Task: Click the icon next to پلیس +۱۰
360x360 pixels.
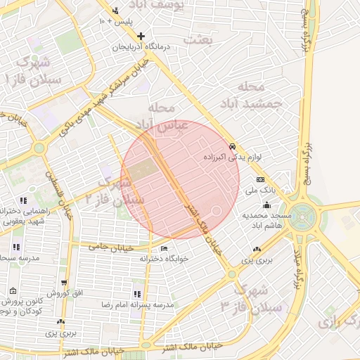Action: point(115,11)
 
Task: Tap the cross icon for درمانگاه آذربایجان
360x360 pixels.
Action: point(141,36)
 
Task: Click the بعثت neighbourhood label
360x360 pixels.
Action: point(198,40)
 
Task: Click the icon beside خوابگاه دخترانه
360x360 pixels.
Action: point(164,248)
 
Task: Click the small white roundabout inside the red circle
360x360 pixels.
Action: point(217,210)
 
